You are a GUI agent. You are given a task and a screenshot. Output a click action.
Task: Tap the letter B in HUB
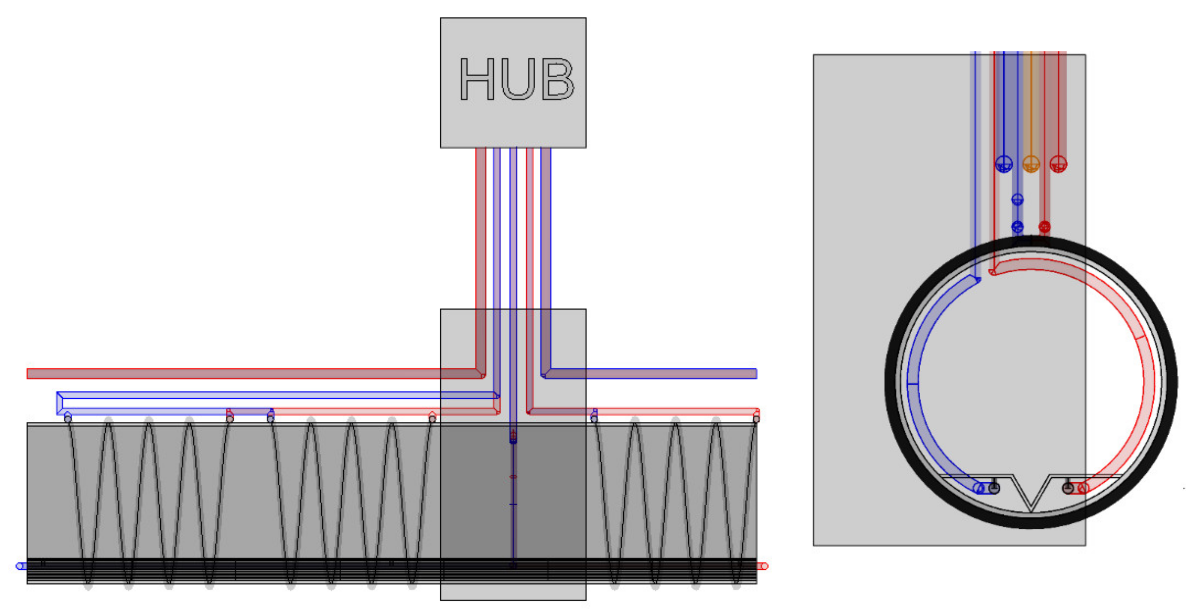(x=558, y=79)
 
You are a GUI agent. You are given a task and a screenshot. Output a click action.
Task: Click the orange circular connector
(x=1031, y=164)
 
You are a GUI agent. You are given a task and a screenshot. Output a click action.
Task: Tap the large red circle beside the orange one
(x=1059, y=164)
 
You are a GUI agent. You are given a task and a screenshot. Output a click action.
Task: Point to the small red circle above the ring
(x=1045, y=227)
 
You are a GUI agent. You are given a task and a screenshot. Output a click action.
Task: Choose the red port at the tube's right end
(x=762, y=566)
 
